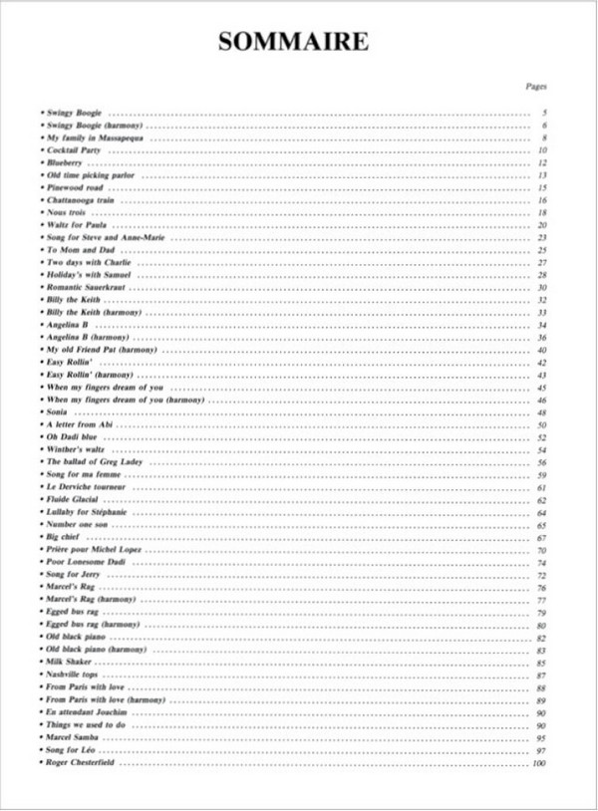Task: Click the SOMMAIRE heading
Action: tap(293, 41)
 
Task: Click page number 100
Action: tap(540, 763)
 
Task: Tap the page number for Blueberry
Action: tap(542, 162)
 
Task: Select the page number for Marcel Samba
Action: tap(542, 738)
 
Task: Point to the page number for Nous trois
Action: tap(542, 212)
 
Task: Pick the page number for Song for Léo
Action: tap(542, 750)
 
